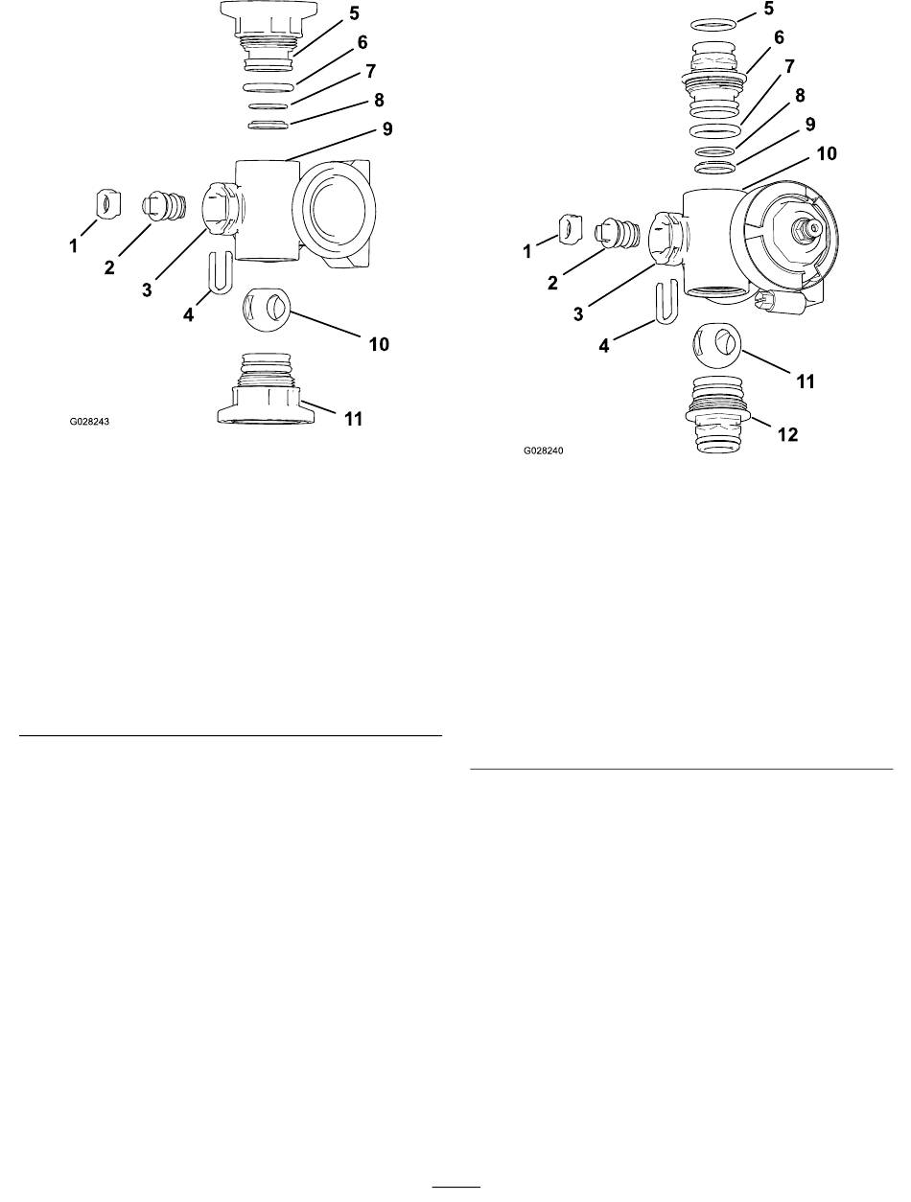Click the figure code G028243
[89, 422]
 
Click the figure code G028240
[543, 451]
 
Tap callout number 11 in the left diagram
[354, 419]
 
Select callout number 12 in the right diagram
[787, 434]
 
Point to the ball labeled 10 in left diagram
[266, 309]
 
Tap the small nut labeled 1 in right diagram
[570, 230]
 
